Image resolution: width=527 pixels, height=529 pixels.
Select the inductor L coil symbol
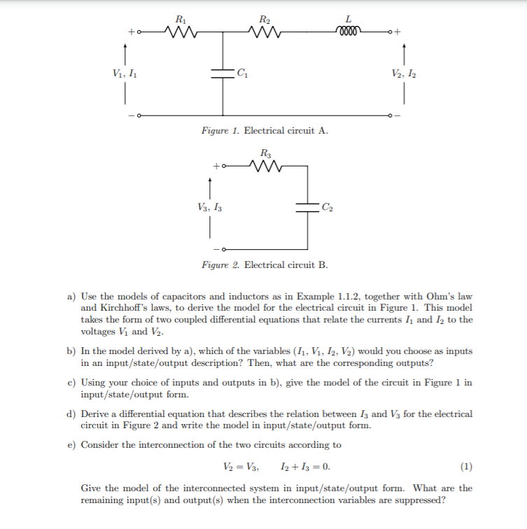[349, 31]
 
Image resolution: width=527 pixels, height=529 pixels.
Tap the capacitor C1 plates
[224, 71]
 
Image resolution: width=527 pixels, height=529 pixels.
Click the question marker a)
[72, 297]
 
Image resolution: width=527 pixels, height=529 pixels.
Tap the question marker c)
[72, 382]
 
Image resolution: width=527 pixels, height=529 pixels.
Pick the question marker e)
[72, 444]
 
